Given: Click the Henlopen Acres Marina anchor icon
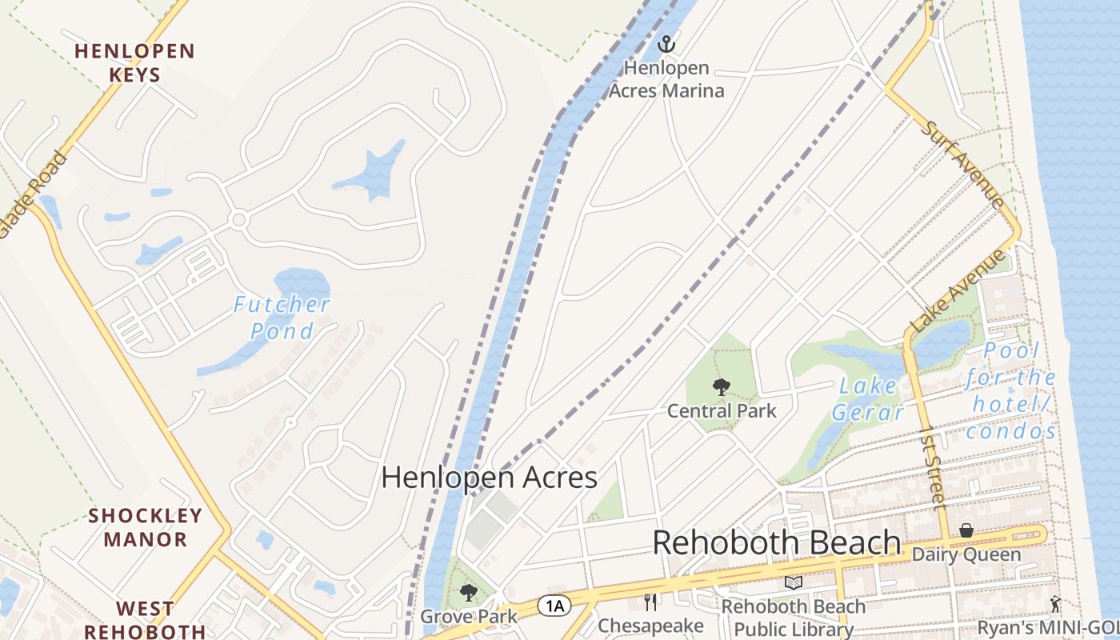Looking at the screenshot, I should click(x=666, y=45).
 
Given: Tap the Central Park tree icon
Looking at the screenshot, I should click(x=722, y=388).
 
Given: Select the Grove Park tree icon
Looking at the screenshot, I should click(x=469, y=593).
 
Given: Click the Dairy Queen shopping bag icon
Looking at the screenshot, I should click(x=966, y=530).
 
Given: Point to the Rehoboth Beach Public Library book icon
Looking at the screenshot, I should click(x=793, y=583).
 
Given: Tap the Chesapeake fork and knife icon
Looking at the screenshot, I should click(x=650, y=602).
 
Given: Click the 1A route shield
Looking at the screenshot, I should click(x=554, y=606).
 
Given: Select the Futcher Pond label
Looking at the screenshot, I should click(x=282, y=317).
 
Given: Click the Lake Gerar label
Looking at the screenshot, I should click(x=868, y=398).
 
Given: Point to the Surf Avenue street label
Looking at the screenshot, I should click(x=964, y=164).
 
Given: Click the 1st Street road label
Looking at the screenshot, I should click(x=933, y=467).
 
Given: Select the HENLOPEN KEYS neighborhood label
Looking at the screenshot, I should click(x=134, y=63).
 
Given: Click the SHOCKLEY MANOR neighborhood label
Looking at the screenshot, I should click(x=145, y=527).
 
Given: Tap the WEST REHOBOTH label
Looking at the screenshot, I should click(x=145, y=620).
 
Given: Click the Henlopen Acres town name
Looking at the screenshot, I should click(x=489, y=478).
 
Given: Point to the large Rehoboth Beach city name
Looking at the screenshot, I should click(x=776, y=542).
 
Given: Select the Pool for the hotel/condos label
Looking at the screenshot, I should click(x=1011, y=391).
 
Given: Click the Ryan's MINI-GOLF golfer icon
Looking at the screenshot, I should click(x=1056, y=604).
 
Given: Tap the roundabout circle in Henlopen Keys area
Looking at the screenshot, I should click(x=238, y=219).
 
